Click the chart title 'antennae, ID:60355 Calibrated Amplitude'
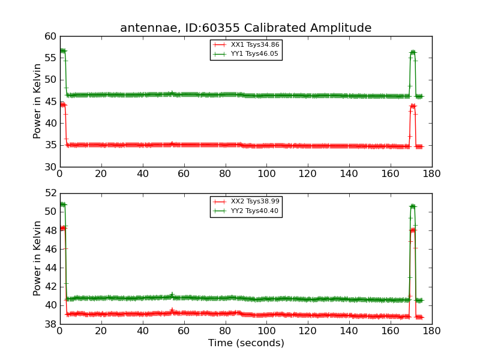click(245, 28)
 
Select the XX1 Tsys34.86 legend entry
click(246, 44)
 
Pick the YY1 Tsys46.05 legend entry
click(246, 54)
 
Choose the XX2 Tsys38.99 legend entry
click(246, 201)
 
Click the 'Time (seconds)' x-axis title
click(246, 343)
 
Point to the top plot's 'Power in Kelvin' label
click(38, 101)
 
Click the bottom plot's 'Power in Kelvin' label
click(38, 258)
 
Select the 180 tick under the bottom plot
click(432, 331)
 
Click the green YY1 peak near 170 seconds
click(413, 52)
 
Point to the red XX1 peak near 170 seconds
click(413, 106)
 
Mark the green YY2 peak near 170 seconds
click(413, 206)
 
